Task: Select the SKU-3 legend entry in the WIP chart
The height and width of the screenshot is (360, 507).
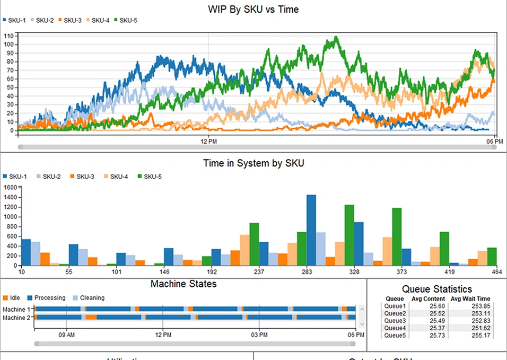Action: (x=68, y=21)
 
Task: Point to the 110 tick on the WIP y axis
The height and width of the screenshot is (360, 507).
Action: (x=9, y=36)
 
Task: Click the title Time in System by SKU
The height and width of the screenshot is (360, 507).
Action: (x=253, y=163)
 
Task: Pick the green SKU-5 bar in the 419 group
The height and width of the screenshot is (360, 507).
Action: (x=444, y=248)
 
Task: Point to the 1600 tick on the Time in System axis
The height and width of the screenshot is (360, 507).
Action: (x=10, y=188)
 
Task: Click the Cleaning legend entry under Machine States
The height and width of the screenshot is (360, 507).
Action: (x=88, y=298)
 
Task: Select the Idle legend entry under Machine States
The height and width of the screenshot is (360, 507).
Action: (x=11, y=298)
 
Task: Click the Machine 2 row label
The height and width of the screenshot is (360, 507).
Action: (x=16, y=318)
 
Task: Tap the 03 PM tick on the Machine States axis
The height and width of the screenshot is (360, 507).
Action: (x=259, y=335)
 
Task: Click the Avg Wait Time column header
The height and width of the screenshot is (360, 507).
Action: (x=470, y=298)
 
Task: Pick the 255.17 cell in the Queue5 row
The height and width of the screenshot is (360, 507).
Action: (x=479, y=336)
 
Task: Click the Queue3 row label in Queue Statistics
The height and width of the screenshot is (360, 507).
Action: (x=395, y=321)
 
